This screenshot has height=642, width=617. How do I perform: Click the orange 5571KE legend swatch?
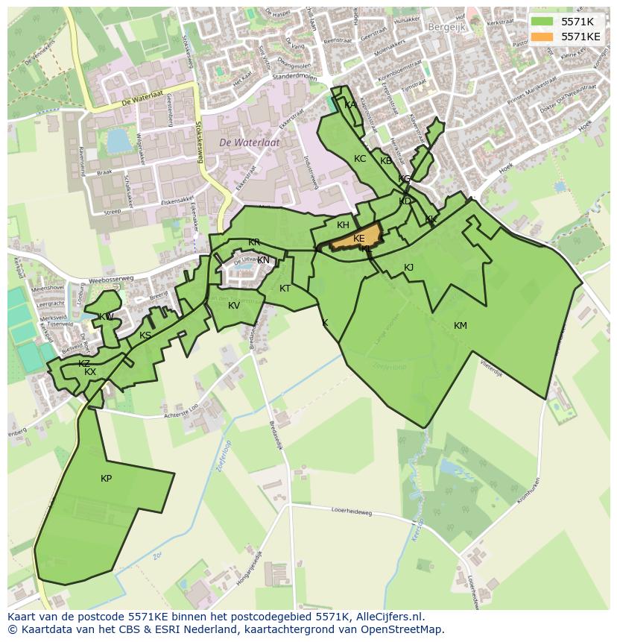pyautogui.click(x=542, y=37)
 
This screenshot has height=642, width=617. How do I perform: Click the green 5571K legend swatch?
pyautogui.click(x=542, y=22)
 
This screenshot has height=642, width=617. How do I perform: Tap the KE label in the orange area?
pyautogui.click(x=359, y=239)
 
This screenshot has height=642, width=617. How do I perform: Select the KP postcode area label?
pyautogui.click(x=106, y=479)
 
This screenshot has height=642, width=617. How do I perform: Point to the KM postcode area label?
pyautogui.click(x=460, y=325)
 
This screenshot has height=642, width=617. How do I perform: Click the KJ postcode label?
pyautogui.click(x=408, y=268)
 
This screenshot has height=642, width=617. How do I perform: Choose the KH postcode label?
pyautogui.click(x=343, y=225)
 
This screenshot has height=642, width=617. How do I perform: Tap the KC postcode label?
pyautogui.click(x=360, y=159)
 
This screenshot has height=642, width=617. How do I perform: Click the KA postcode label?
pyautogui.click(x=350, y=105)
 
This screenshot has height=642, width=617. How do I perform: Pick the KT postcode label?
pyautogui.click(x=285, y=289)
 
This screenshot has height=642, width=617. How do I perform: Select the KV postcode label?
pyautogui.click(x=234, y=306)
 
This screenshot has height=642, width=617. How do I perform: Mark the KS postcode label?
pyautogui.click(x=145, y=336)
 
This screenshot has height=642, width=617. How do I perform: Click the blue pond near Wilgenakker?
pyautogui.click(x=118, y=139)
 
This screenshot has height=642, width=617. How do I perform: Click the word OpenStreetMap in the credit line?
pyautogui.click(x=402, y=629)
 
